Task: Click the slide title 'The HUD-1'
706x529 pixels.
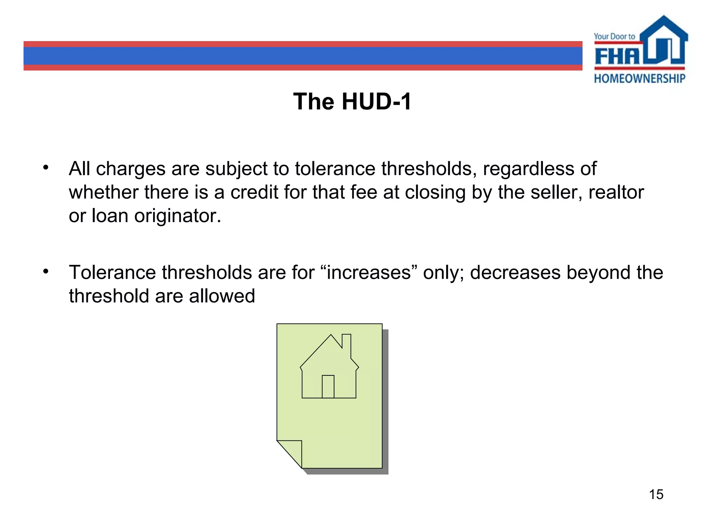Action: [352, 102]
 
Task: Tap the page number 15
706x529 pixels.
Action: [656, 494]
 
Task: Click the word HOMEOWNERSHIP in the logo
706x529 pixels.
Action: [639, 79]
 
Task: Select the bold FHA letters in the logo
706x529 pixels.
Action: [617, 56]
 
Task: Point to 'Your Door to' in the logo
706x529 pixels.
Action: [614, 37]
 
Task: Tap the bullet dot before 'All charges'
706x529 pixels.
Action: [46, 168]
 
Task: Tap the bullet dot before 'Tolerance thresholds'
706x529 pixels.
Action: [46, 271]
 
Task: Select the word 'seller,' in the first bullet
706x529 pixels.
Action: [556, 192]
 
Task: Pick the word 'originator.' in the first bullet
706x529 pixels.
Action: [178, 216]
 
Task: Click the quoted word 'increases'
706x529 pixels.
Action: [369, 272]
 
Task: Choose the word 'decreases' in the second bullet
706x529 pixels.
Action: [515, 272]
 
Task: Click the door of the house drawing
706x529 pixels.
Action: [328, 386]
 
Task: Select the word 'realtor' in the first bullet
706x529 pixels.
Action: [616, 192]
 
